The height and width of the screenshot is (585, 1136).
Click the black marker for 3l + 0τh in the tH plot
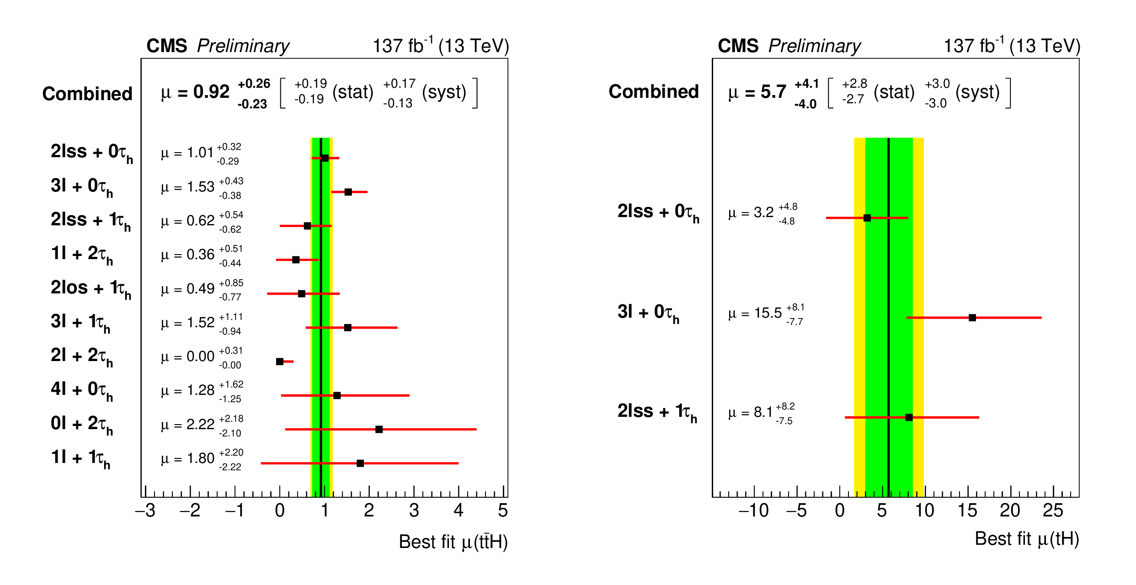point(972,318)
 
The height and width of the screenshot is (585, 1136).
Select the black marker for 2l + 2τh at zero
point(280,362)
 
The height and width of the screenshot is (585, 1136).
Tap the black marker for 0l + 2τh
point(379,429)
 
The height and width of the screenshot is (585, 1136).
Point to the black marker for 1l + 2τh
point(296,260)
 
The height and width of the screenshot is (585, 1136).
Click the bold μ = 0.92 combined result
point(195,92)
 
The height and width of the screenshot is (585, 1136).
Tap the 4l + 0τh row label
point(82,390)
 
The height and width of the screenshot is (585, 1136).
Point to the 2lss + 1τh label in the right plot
point(657,412)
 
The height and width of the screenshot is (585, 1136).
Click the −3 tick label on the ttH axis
point(145,511)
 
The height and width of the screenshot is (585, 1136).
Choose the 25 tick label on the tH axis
point(1053,511)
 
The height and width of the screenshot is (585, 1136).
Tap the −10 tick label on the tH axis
point(753,511)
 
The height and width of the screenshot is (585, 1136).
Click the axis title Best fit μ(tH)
point(1027,539)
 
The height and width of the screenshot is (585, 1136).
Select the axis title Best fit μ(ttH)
point(453,542)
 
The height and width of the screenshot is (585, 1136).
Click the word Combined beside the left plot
point(87,94)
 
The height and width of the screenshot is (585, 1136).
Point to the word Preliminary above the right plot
point(814,46)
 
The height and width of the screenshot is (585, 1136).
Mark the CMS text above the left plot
point(166,46)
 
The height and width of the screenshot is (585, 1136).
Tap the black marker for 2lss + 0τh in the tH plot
point(867,218)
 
